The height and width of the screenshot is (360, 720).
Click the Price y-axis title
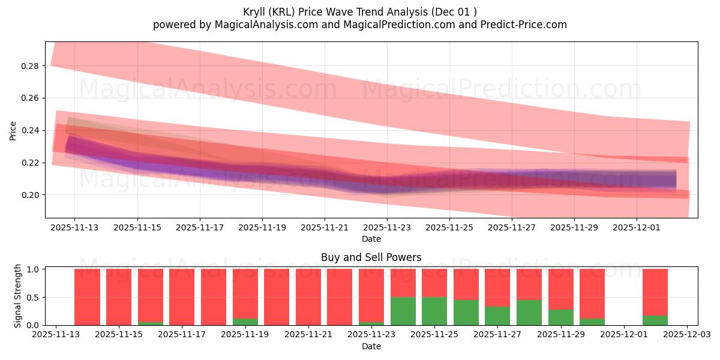pyautogui.click(x=13, y=130)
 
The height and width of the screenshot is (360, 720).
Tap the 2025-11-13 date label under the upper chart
pyautogui.click(x=74, y=228)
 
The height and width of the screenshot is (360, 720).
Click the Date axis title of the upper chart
pyautogui.click(x=371, y=239)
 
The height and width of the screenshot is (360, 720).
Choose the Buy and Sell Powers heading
pyautogui.click(x=371, y=257)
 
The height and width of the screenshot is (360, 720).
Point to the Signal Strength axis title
pyautogui.click(x=18, y=296)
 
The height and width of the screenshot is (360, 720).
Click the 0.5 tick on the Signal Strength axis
pyautogui.click(x=34, y=297)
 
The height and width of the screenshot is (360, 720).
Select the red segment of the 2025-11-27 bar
pyautogui.click(x=497, y=287)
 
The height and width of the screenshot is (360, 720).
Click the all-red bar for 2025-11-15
pyautogui.click(x=119, y=297)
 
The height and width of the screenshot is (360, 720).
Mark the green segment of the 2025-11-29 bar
pyautogui.click(x=560, y=317)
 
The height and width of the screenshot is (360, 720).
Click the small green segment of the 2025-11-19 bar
pyautogui.click(x=245, y=322)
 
